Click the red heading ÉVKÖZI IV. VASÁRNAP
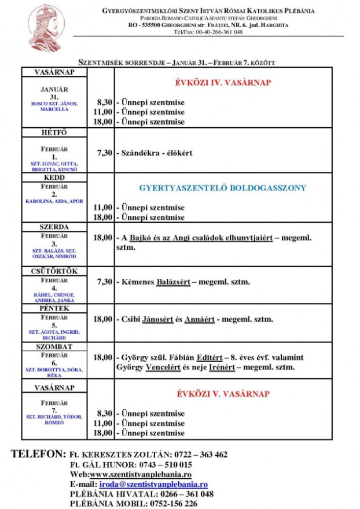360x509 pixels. coord(223,83)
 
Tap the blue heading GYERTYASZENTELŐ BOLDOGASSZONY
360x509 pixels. coord(223,188)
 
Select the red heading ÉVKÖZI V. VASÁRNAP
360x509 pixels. coord(223,394)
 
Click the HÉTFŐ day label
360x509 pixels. coord(54,133)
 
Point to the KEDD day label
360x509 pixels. coord(54,178)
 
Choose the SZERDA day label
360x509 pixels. coord(54,227)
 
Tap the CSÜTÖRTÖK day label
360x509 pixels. coord(54,271)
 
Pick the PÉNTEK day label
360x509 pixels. coord(54,308)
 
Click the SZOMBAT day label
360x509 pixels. coord(54,346)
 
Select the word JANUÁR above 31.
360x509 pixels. coord(54,90)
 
